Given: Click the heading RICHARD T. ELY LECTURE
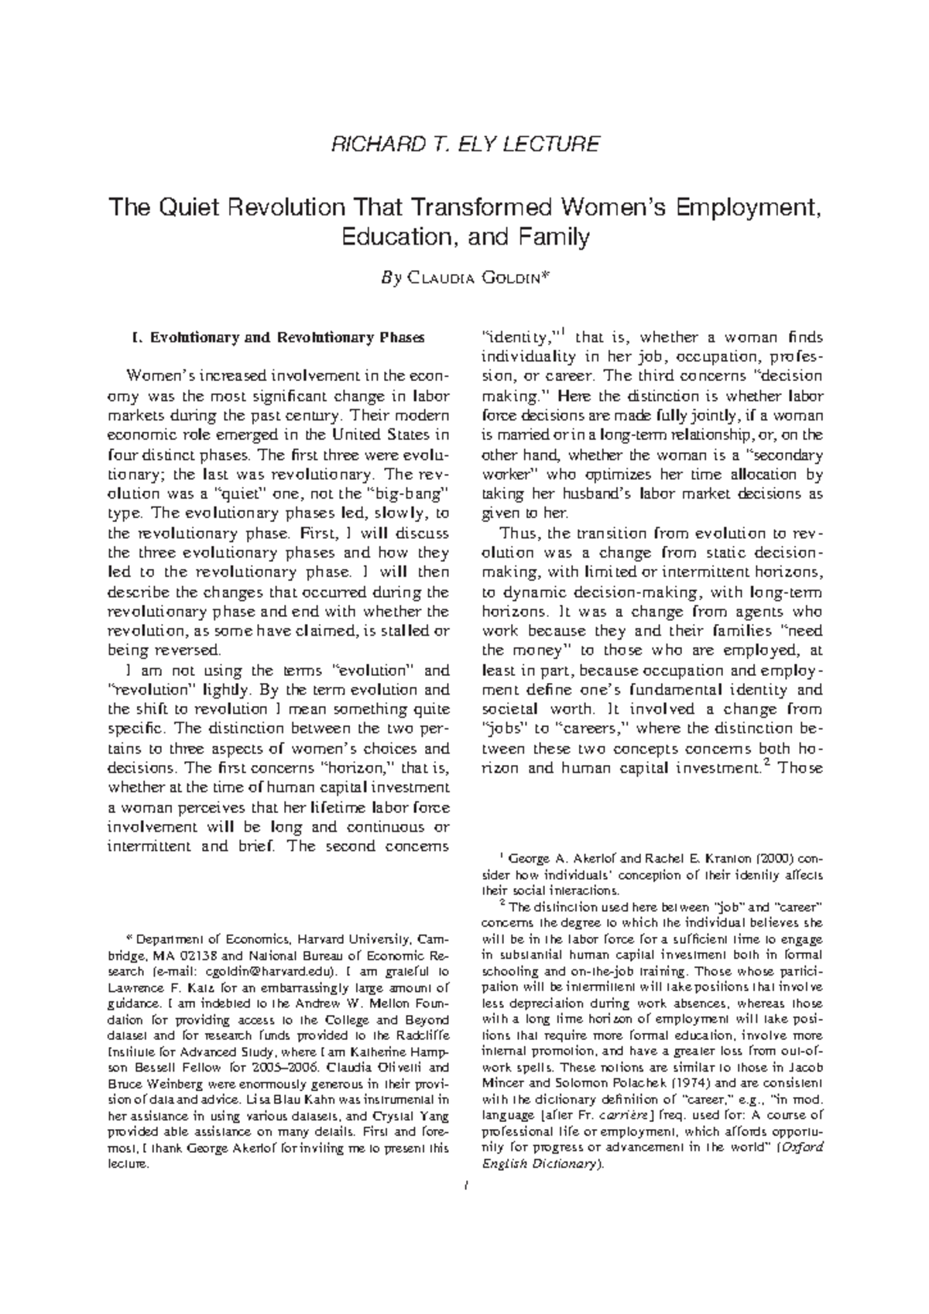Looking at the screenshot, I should tap(464, 145).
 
